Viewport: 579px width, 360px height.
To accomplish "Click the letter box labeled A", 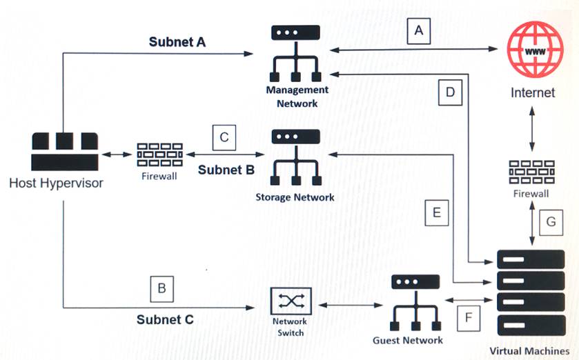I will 418,30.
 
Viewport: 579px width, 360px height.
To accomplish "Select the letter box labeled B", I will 161,288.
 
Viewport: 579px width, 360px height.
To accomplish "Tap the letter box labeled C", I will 224,137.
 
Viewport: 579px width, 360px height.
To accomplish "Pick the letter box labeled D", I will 450,94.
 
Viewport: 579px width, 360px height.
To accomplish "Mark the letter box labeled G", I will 550,222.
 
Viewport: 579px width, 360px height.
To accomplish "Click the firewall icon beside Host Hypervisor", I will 160,155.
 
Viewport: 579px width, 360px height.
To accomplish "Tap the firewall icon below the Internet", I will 531,173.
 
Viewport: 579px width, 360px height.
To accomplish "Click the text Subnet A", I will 177,41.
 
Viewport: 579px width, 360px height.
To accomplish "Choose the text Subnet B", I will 226,169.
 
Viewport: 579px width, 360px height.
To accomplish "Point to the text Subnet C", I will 165,319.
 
